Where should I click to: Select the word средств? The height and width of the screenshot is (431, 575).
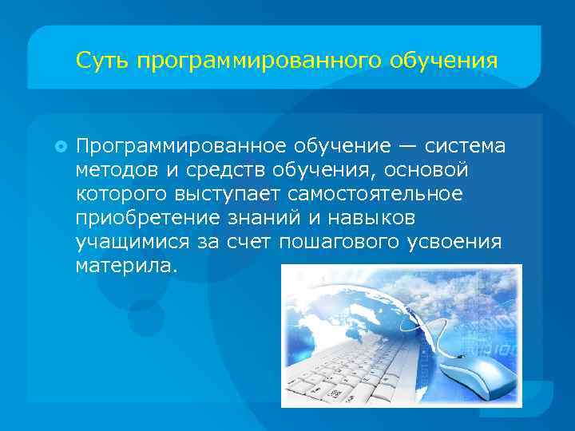coord(223,170)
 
